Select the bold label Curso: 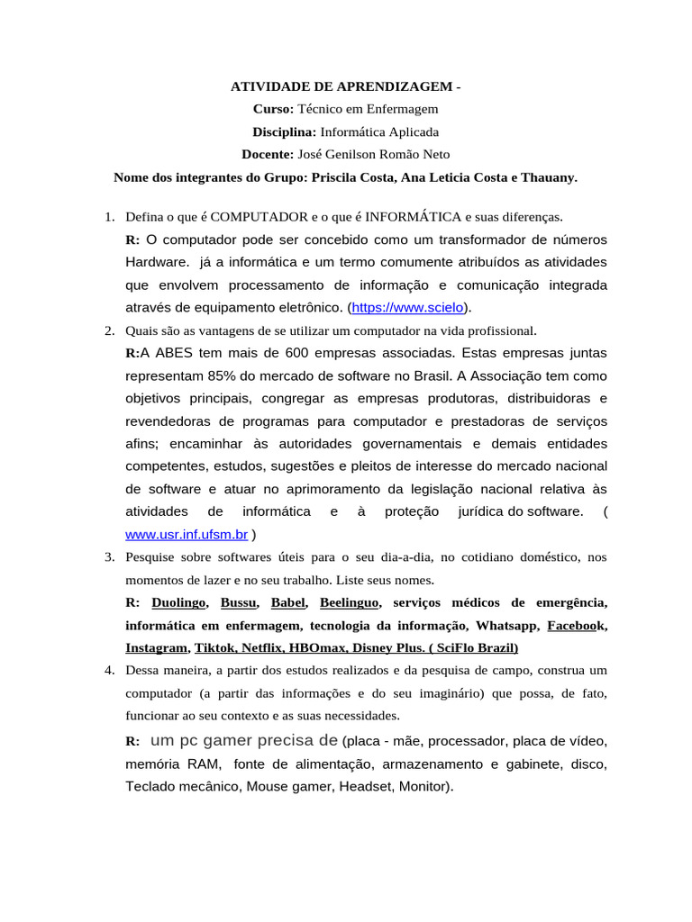[273, 109]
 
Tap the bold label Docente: [268, 154]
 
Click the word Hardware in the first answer [156, 262]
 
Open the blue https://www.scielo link [407, 308]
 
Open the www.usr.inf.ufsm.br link [187, 534]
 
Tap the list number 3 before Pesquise [108, 557]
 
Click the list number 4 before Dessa [108, 671]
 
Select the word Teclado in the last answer [150, 786]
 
